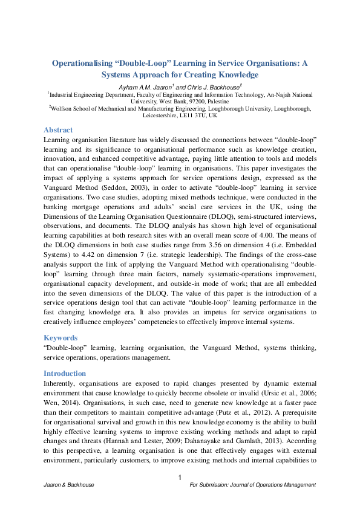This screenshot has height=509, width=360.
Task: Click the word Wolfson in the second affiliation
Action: coord(65,109)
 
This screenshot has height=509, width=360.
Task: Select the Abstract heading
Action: coord(58,130)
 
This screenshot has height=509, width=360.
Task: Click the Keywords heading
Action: coord(61,338)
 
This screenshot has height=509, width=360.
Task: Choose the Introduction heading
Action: coord(65,374)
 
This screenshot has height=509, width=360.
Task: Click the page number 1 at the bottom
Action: coord(180,479)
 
